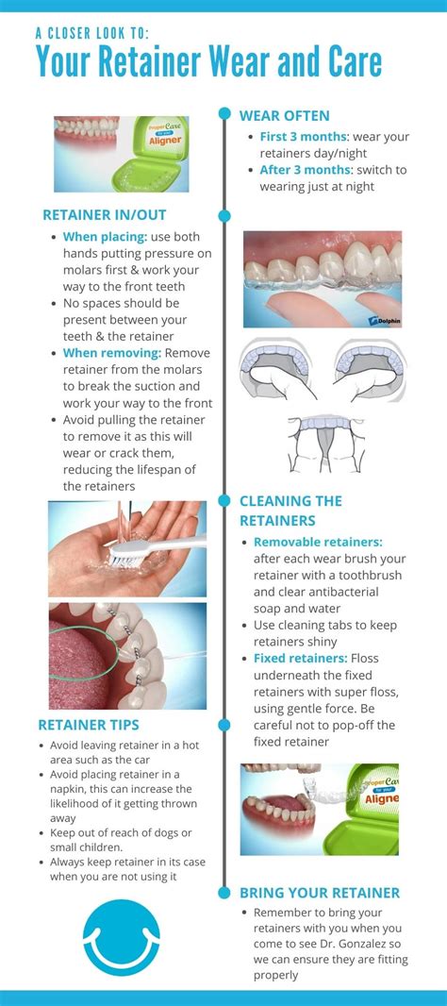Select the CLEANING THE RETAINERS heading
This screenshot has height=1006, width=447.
click(x=290, y=510)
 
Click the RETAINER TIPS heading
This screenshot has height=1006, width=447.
click(x=89, y=725)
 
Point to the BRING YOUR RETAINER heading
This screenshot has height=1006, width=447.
click(x=320, y=892)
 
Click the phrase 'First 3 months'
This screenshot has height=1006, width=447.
click(x=304, y=137)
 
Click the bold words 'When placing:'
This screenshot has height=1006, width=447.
click(x=105, y=236)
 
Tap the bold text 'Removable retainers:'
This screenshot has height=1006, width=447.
click(x=317, y=542)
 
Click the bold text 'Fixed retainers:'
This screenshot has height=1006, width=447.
click(x=301, y=658)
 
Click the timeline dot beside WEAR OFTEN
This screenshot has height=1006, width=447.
click(x=224, y=114)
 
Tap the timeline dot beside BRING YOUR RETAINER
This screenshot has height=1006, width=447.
click(x=224, y=892)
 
